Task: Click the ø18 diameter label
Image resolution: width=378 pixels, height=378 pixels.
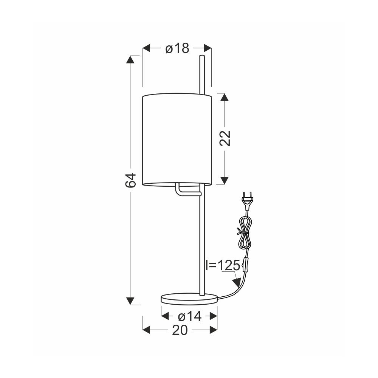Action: pyautogui.click(x=177, y=48)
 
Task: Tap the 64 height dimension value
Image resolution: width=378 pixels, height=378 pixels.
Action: pyautogui.click(x=131, y=180)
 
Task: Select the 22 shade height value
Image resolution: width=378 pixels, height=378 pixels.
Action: pyautogui.click(x=225, y=138)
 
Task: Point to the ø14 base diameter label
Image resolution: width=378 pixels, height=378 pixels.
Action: pyautogui.click(x=189, y=316)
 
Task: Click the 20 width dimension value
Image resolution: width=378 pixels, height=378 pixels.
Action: pyautogui.click(x=180, y=330)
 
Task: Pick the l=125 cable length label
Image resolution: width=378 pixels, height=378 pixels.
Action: pyautogui.click(x=223, y=265)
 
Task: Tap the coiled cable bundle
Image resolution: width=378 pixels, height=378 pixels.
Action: pyautogui.click(x=245, y=232)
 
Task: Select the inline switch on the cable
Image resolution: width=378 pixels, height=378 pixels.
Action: pyautogui.click(x=246, y=264)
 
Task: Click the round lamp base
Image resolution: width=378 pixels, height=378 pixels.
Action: pyautogui.click(x=189, y=299)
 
